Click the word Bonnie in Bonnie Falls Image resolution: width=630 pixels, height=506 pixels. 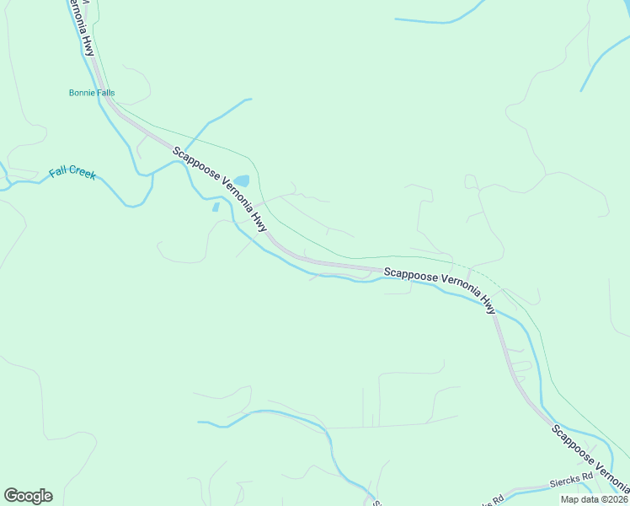point(82,93)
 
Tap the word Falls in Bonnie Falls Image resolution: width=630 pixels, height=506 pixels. point(105,93)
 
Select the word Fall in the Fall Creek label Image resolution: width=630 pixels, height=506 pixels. point(58,172)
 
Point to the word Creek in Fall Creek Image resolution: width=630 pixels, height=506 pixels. point(83,175)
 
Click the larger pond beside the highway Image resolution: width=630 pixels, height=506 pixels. point(242,180)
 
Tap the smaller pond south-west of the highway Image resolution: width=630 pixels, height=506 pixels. point(216,207)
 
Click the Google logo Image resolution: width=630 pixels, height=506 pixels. point(28,496)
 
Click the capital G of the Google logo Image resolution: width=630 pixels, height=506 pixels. point(11,495)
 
